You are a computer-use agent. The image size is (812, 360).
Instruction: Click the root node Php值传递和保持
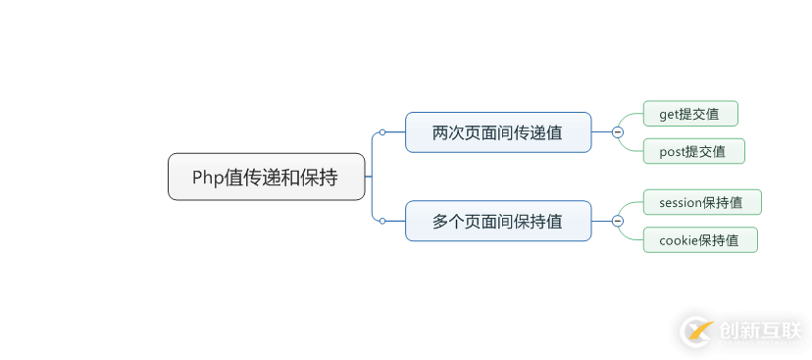pos(266,177)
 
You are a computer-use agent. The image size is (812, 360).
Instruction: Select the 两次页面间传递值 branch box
pos(498,132)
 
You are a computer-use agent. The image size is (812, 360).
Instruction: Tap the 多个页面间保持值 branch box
pos(498,221)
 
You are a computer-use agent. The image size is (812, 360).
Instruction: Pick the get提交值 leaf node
pos(689,114)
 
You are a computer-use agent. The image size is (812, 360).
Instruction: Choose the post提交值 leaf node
pos(693,151)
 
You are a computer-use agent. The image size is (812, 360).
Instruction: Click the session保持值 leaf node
pos(702,203)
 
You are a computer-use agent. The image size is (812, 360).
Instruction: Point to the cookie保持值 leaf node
pos(700,240)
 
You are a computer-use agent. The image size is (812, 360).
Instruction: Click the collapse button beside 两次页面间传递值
pos(617,132)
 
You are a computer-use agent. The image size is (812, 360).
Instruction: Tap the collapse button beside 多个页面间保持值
pos(617,221)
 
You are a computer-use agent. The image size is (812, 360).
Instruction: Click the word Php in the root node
pos(207,178)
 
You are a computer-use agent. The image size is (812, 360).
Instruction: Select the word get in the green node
pos(669,115)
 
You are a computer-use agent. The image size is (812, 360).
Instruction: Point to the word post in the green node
pos(672,152)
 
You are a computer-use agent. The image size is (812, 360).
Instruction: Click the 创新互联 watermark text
pos(760,330)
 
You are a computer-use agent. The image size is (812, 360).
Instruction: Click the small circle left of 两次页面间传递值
pos(382,132)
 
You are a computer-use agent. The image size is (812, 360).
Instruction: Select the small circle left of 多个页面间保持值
pos(382,221)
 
